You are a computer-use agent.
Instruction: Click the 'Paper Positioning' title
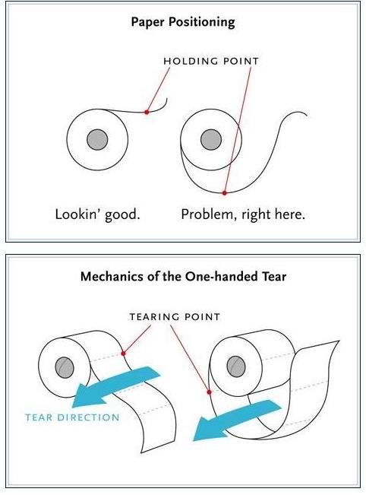183,22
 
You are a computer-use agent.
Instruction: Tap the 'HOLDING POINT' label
211,61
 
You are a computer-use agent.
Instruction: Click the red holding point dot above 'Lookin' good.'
147,112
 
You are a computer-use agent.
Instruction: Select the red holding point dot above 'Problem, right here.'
224,193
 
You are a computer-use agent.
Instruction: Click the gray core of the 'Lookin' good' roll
97,139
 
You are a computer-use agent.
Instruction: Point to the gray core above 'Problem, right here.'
211,139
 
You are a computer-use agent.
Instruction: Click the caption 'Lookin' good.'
97,214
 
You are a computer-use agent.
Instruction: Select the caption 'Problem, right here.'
243,214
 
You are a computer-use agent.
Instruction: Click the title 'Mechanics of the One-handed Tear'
183,276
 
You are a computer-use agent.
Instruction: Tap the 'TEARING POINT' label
175,316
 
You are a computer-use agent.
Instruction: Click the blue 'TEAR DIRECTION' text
72,417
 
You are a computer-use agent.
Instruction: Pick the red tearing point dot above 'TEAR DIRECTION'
123,354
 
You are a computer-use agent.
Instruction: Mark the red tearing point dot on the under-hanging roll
209,392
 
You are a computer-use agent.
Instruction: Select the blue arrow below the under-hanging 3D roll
237,419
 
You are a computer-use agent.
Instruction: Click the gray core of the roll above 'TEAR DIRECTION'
65,367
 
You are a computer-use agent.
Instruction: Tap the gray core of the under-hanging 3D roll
236,366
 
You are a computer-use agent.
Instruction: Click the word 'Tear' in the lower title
274,276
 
